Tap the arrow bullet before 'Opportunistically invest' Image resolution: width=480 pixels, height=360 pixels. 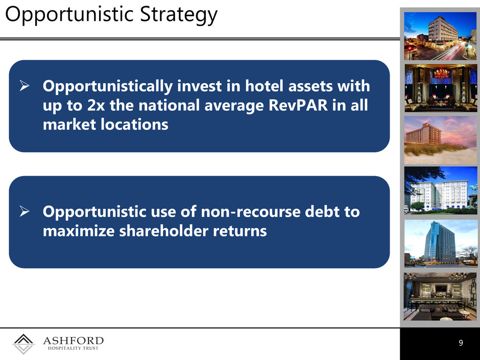[x=25, y=86]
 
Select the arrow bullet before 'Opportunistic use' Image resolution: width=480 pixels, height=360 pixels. [x=25, y=211]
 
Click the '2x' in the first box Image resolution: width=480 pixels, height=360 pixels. [x=96, y=106]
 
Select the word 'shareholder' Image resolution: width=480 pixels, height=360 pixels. [x=164, y=230]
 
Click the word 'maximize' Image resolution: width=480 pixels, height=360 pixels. [x=79, y=231]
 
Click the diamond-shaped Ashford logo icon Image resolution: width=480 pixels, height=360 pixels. [x=23, y=344]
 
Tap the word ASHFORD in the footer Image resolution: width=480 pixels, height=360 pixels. [x=73, y=341]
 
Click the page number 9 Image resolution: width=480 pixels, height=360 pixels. [x=461, y=343]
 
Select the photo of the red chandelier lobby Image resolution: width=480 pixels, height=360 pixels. [x=441, y=88]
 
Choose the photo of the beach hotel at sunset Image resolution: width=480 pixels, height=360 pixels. [x=441, y=140]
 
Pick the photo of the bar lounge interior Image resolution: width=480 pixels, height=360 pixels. [x=441, y=297]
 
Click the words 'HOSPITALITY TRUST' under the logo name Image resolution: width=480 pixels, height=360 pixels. [x=73, y=348]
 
